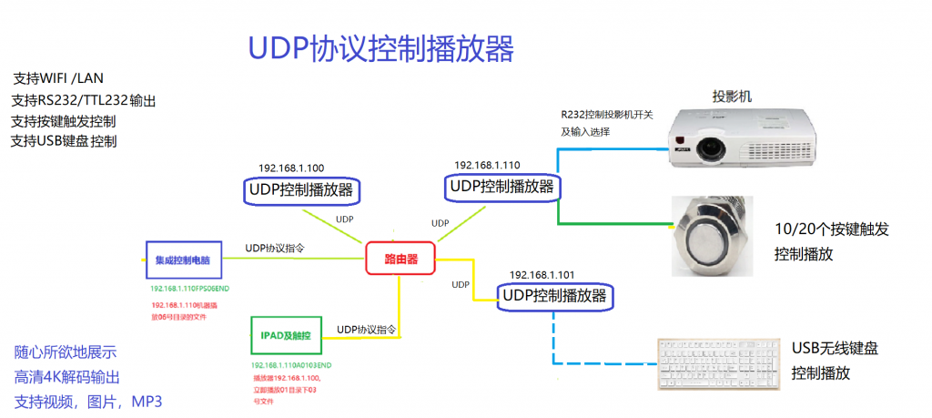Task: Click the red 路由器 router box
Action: [400, 259]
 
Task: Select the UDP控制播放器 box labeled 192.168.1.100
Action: [301, 190]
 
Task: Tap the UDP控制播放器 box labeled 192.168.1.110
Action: [501, 186]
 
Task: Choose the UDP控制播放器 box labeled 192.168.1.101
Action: [554, 295]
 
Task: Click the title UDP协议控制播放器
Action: [381, 48]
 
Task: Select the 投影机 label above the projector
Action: [732, 97]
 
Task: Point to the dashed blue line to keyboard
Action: [553, 342]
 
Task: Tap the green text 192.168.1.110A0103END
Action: [291, 364]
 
